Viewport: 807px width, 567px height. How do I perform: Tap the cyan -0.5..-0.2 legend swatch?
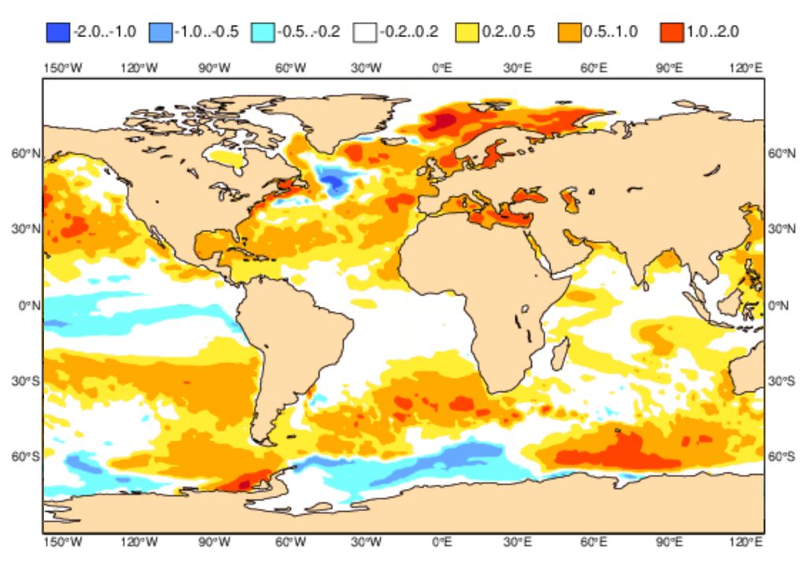click(x=262, y=32)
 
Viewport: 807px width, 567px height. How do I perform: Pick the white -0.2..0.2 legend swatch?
click(x=365, y=32)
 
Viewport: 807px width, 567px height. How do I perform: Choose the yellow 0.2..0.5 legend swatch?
click(x=467, y=32)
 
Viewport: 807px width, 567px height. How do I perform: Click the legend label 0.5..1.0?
click(x=612, y=32)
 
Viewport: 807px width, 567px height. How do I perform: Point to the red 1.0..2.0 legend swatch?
click(x=672, y=32)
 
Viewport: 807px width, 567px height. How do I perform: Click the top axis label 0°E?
click(x=442, y=69)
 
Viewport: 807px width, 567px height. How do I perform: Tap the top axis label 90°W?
click(x=214, y=69)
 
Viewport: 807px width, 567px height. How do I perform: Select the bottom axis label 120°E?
click(x=746, y=543)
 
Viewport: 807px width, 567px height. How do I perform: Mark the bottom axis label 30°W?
click(x=366, y=543)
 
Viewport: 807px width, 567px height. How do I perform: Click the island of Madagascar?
click(x=559, y=353)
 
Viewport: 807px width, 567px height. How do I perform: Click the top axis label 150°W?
click(x=62, y=69)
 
